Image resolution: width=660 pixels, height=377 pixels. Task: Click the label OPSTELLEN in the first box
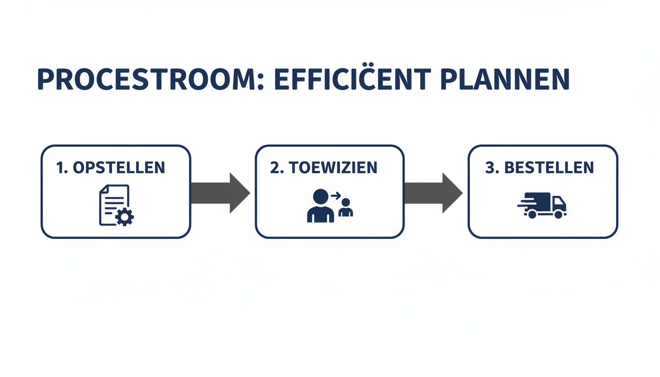pyautogui.click(x=119, y=167)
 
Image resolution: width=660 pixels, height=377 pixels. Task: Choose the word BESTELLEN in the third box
pyautogui.click(x=549, y=167)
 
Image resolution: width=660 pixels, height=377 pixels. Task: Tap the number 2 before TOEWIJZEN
pyautogui.click(x=274, y=167)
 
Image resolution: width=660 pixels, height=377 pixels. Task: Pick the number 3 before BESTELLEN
pyautogui.click(x=489, y=167)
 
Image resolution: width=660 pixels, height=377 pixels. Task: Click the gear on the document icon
pyautogui.click(x=125, y=216)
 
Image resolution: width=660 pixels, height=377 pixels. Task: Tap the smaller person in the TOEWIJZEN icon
pyautogui.click(x=346, y=208)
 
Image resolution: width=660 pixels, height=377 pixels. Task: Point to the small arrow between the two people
pyautogui.click(x=336, y=195)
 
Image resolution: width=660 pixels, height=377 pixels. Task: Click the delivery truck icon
pyautogui.click(x=543, y=206)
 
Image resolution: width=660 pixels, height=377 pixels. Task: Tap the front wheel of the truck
pyautogui.click(x=559, y=214)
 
